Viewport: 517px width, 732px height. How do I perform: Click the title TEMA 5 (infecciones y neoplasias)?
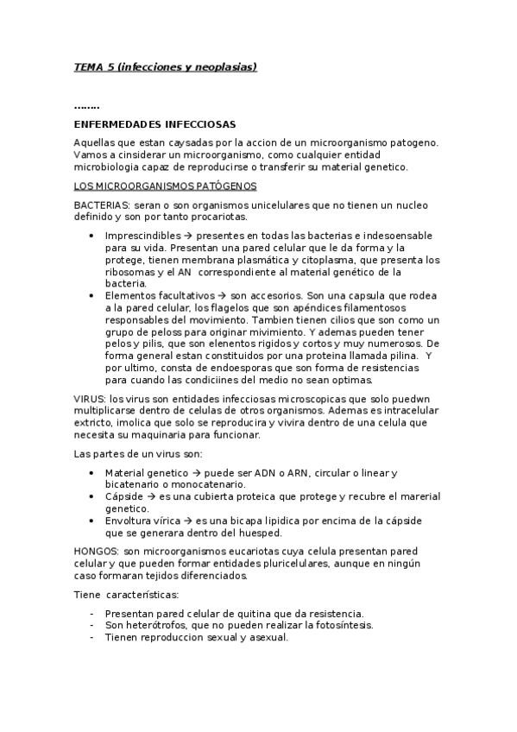[165, 66]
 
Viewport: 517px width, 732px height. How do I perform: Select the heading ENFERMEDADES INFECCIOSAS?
[155, 124]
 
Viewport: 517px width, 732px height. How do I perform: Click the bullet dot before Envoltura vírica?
[92, 522]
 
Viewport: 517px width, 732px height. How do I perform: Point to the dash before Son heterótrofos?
[92, 625]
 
